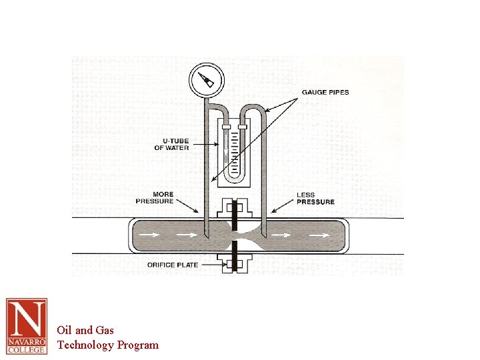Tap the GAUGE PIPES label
point(325,92)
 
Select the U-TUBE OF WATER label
point(171,144)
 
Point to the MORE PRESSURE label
point(155,197)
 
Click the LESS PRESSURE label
point(315,198)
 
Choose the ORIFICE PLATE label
point(170,265)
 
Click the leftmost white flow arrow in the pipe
point(150,235)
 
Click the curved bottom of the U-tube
point(235,179)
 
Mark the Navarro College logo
point(27,326)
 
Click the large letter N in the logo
point(27,320)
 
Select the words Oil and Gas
point(85,329)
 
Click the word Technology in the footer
point(85,345)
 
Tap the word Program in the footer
point(138,345)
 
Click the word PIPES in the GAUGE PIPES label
point(337,92)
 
